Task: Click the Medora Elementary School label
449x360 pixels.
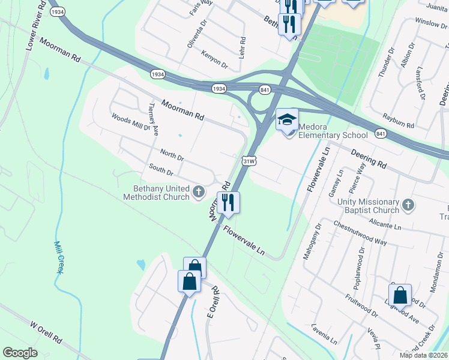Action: click(333, 130)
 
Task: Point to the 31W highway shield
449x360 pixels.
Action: click(250, 161)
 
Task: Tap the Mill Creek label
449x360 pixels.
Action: click(58, 258)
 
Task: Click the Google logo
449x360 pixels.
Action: click(20, 353)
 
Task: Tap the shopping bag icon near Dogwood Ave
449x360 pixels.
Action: click(400, 295)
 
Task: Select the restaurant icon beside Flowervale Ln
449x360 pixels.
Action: click(228, 202)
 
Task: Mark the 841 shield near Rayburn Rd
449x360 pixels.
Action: click(381, 133)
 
